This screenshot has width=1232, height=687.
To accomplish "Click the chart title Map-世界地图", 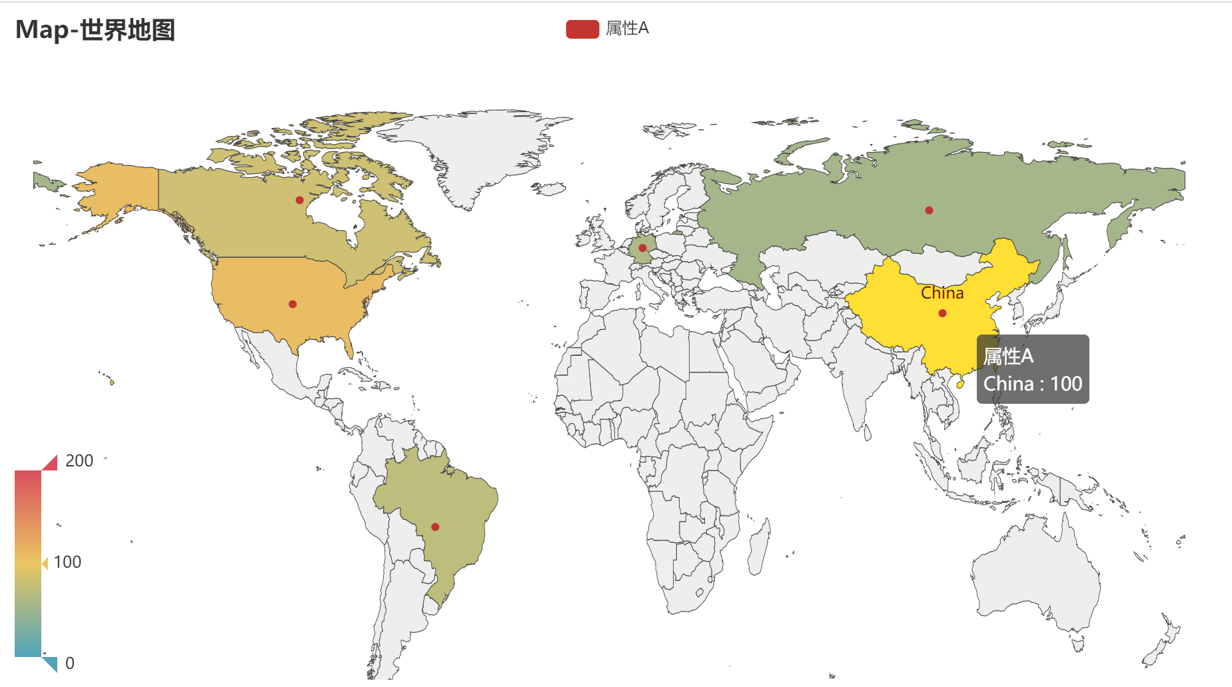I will [95, 31].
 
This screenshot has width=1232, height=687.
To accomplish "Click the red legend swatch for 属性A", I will [582, 29].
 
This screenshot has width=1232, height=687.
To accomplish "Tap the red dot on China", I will [942, 313].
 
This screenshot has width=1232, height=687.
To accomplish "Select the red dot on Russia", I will [929, 211].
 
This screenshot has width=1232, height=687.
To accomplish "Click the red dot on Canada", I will [300, 200].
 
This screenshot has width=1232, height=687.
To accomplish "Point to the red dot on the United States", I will [293, 305].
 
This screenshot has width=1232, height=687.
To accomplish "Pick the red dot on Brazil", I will [435, 527].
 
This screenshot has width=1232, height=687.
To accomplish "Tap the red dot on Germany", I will [642, 248].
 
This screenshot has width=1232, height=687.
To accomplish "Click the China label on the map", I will [942, 293].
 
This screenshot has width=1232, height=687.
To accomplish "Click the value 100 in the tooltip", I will [1066, 384].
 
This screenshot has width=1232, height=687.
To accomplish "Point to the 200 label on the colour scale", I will [79, 461].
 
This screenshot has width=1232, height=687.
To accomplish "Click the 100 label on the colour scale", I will [67, 562].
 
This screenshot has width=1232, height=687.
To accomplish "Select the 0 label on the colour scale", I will [70, 664].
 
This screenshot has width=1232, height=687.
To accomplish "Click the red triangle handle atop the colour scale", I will [51, 463].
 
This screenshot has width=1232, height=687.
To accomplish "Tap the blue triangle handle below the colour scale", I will [51, 664].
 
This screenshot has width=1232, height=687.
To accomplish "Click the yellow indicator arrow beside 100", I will [45, 564].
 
